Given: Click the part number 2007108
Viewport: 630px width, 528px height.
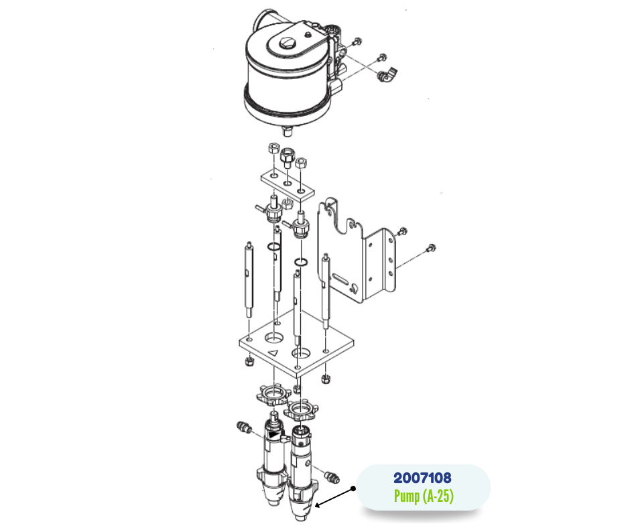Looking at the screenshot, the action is coord(422,478).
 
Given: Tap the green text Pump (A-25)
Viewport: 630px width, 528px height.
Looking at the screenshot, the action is coord(424,496).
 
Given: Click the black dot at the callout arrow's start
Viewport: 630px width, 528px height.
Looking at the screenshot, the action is coord(353,488).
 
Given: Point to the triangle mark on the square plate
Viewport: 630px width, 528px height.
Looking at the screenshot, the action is coord(273,353).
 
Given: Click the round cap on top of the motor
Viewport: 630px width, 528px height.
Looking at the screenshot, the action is coord(286,42).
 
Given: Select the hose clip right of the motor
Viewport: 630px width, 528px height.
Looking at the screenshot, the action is coord(387,75).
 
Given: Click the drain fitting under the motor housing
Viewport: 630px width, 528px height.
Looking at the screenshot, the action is coord(287,131).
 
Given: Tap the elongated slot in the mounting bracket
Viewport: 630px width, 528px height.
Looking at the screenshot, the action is coord(340,278).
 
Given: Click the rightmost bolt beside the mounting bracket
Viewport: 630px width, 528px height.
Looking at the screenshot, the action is coord(431,248).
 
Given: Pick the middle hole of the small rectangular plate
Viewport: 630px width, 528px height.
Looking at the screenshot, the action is coord(288,184).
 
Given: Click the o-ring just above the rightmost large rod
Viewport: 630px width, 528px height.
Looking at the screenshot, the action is coord(301,263).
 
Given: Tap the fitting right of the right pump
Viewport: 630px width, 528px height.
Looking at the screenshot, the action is coord(332,476).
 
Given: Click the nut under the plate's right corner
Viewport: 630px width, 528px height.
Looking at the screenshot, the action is coord(326,379).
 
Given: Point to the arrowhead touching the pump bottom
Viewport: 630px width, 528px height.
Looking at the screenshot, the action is coord(318,505).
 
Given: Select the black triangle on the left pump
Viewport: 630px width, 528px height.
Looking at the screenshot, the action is coord(275,436).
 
